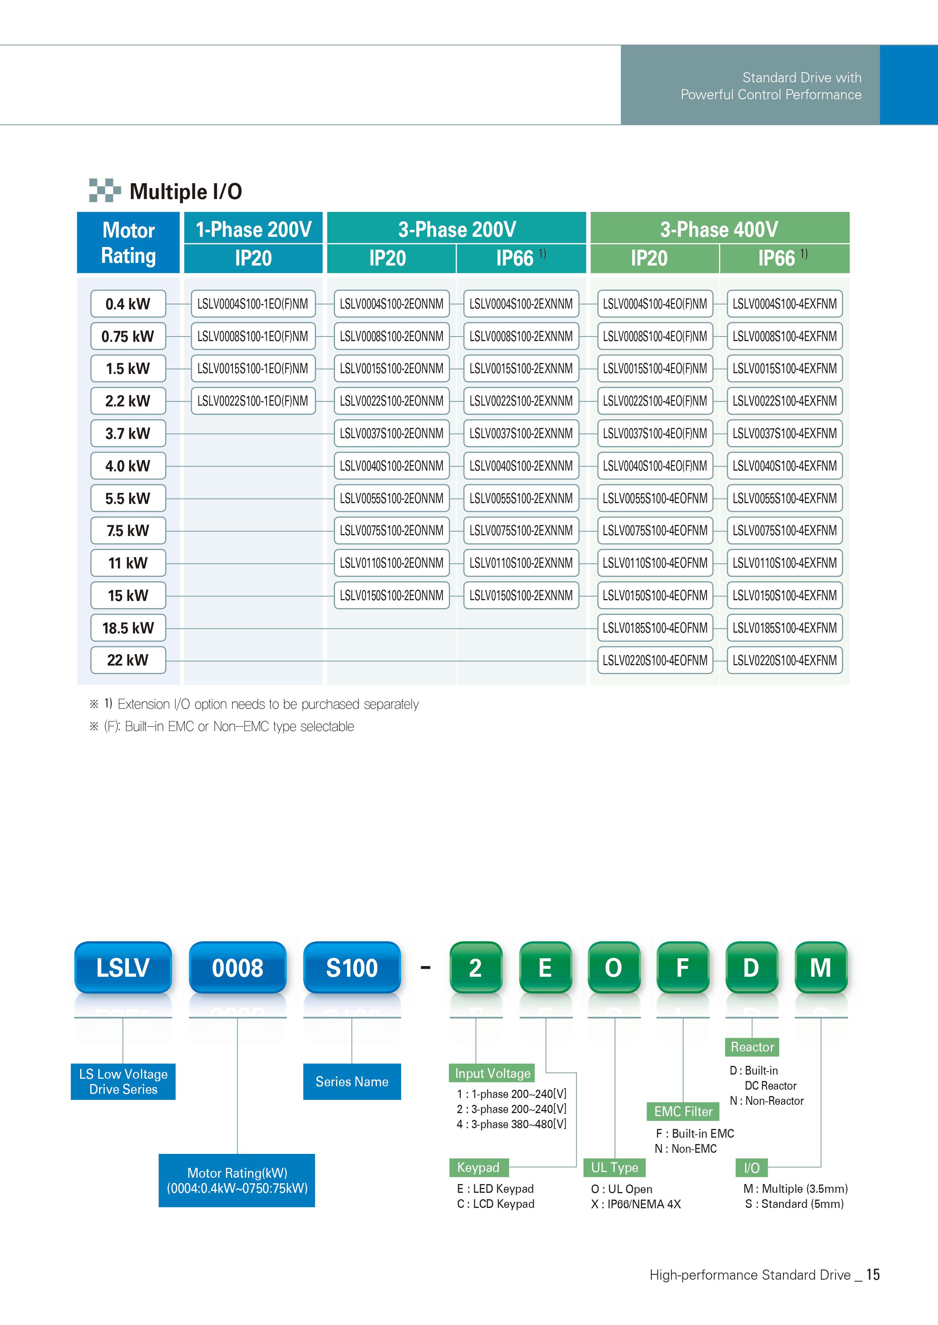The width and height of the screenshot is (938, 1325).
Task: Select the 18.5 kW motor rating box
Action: point(128,628)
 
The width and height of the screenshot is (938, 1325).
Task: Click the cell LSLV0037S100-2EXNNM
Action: point(521,433)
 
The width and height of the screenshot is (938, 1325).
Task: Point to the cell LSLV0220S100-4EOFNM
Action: point(655,660)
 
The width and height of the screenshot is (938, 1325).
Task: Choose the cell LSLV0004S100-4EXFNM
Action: point(785,304)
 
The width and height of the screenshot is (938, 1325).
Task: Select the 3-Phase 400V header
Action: point(719,229)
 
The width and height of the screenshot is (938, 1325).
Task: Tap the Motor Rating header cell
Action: point(128,242)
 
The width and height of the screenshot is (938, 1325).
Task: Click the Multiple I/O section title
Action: point(185,191)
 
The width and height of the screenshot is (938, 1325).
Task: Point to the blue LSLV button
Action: point(123,967)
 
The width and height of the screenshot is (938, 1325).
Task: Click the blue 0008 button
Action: point(237,967)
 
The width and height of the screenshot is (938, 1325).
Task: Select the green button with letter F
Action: point(683,967)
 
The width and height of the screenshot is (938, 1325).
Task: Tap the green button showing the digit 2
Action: point(475,967)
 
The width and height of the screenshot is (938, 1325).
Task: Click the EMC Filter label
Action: point(683,1112)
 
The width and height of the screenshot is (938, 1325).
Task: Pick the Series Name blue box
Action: point(352,1081)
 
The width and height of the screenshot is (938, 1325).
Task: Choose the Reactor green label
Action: point(752,1047)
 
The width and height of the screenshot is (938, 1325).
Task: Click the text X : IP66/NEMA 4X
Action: point(636,1204)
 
